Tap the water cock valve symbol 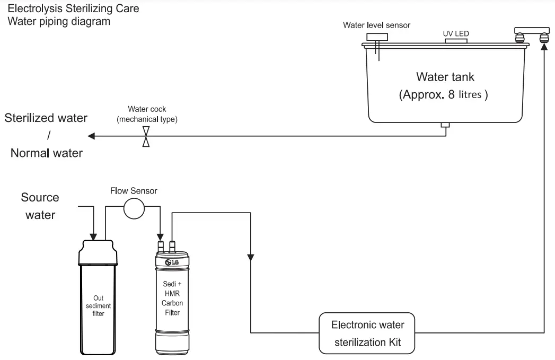point(146,137)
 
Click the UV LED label point(456,33)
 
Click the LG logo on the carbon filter point(172,262)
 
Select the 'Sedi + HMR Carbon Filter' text point(172,298)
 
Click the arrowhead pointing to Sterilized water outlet point(91,137)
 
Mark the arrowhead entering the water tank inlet point(543,47)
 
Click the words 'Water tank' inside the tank point(444,77)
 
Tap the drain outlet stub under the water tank point(446,125)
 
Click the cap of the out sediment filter point(98,251)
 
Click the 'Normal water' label point(47,153)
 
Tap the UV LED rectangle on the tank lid point(456,41)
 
